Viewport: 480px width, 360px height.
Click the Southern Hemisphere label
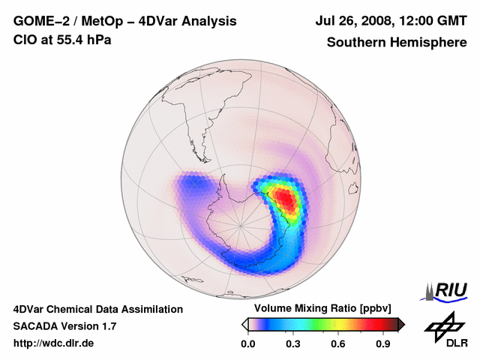[x=396, y=42]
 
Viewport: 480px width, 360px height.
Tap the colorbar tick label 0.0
[x=247, y=344]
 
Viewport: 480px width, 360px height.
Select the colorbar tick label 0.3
[x=292, y=344]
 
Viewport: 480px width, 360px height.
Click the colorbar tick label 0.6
[x=338, y=344]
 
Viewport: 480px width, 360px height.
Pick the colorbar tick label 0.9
[x=383, y=344]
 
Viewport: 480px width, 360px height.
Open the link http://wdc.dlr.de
[x=54, y=343]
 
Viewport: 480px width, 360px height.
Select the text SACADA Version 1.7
[x=64, y=326]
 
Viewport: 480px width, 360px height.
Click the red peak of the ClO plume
[x=286, y=198]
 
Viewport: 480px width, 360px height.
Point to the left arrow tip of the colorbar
[x=245, y=324]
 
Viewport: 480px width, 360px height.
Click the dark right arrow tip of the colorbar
[x=401, y=324]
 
